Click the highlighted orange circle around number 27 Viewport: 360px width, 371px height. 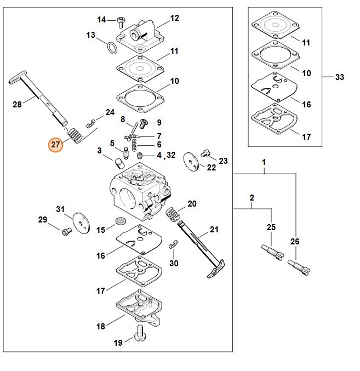tap(55, 145)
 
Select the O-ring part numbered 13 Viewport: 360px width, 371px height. tap(112, 49)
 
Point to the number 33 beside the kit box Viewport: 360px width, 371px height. tap(339, 77)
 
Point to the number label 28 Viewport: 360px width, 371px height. tap(17, 104)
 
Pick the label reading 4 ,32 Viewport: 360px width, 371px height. tap(166, 155)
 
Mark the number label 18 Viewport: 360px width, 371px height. tap(100, 326)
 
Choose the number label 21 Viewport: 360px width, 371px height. tap(214, 230)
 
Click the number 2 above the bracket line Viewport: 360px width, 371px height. tap(252, 197)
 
